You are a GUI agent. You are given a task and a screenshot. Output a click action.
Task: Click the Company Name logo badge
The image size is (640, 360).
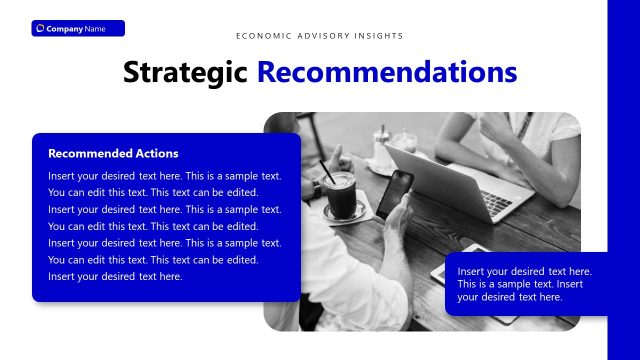[78, 28]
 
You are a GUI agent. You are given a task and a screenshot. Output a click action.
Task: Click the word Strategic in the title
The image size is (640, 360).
[186, 72]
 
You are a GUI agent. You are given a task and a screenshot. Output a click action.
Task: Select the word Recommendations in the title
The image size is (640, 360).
[386, 72]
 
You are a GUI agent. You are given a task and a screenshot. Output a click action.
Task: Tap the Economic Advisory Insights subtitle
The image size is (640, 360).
[320, 36]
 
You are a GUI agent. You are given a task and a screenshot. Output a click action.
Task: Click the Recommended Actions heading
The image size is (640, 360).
[113, 154]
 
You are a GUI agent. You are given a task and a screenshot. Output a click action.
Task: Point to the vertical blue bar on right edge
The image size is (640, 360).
[623, 180]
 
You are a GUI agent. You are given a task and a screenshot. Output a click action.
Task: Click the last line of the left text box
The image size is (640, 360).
[115, 277]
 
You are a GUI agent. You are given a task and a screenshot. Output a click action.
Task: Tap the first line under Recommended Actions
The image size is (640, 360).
[165, 176]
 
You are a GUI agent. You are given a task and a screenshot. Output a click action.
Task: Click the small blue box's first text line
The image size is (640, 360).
[524, 271]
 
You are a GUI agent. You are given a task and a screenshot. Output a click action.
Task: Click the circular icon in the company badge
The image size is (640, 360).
[40, 28]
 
